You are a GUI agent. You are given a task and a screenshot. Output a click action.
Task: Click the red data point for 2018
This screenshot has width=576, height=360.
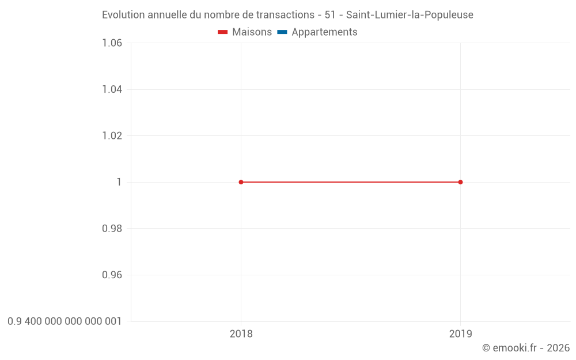tap(241, 182)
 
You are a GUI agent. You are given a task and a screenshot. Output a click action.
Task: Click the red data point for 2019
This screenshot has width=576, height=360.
tap(460, 182)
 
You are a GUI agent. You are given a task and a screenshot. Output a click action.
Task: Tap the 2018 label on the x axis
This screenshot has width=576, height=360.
tap(241, 334)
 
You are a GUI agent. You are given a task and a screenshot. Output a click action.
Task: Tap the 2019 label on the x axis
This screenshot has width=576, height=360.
tap(460, 334)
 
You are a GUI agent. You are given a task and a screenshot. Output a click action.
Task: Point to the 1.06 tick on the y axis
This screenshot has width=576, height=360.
tap(112, 43)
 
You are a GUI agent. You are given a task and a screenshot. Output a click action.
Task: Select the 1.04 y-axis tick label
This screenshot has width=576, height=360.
tap(112, 89)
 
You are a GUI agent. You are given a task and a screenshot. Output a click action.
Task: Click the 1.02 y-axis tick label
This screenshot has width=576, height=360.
tap(112, 136)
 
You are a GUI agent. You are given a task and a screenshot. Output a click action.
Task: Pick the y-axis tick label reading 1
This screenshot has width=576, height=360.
tap(119, 182)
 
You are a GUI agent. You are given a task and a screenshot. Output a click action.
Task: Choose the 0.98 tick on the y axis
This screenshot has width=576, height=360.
tap(112, 229)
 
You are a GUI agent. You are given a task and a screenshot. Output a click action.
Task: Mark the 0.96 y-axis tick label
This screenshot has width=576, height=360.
tap(112, 275)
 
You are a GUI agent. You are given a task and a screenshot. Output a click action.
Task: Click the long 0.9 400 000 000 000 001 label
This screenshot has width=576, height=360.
tap(65, 321)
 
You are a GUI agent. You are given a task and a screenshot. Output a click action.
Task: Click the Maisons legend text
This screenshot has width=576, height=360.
tap(252, 32)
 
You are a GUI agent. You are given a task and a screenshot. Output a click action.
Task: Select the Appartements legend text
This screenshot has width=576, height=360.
tap(324, 32)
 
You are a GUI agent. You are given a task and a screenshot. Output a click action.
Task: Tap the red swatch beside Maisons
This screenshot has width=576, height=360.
tap(222, 32)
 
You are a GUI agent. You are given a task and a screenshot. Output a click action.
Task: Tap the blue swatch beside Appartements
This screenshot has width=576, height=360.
tap(282, 32)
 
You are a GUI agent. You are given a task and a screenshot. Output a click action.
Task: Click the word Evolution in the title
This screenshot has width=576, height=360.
tap(123, 15)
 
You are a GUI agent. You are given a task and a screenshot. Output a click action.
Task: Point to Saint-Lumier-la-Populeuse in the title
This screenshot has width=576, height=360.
tap(410, 15)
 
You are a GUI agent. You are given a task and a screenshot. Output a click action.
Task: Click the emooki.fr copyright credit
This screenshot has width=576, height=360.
tap(526, 348)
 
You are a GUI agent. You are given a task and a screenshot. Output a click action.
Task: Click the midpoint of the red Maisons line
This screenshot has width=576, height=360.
tap(350, 182)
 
